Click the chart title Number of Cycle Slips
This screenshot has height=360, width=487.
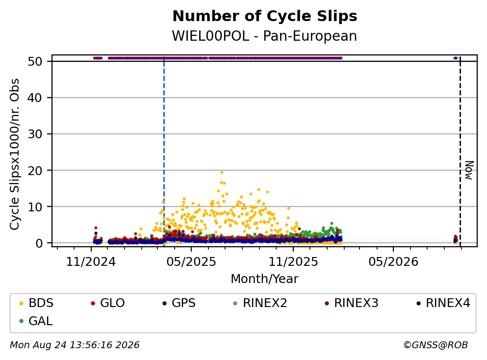pyautogui.click(x=265, y=16)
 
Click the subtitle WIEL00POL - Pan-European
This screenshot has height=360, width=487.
pyautogui.click(x=264, y=36)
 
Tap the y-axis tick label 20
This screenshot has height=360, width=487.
pyautogui.click(x=35, y=171)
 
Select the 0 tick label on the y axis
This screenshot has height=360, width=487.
pyautogui.click(x=39, y=243)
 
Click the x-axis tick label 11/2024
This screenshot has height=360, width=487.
pyautogui.click(x=91, y=262)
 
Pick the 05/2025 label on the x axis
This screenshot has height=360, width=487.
pyautogui.click(x=191, y=262)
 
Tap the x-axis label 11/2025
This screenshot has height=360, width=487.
pyautogui.click(x=293, y=262)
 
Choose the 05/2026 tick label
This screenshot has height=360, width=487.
pyautogui.click(x=393, y=262)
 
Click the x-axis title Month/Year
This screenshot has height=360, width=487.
pyautogui.click(x=264, y=279)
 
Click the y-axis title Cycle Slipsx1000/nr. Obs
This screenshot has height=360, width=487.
pyautogui.click(x=15, y=154)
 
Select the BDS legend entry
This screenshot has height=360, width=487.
pyautogui.click(x=36, y=303)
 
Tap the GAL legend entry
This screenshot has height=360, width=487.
pyautogui.click(x=36, y=321)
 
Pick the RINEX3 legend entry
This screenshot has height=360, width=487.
pyautogui.click(x=352, y=303)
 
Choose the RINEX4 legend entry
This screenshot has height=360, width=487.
pyautogui.click(x=443, y=303)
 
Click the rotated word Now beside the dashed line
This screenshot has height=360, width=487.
pyautogui.click(x=469, y=170)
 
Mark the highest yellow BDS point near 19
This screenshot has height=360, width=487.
pyautogui.click(x=222, y=172)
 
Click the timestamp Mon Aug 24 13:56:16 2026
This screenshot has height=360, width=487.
pyautogui.click(x=75, y=345)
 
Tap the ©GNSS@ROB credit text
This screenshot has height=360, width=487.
pyautogui.click(x=436, y=345)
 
